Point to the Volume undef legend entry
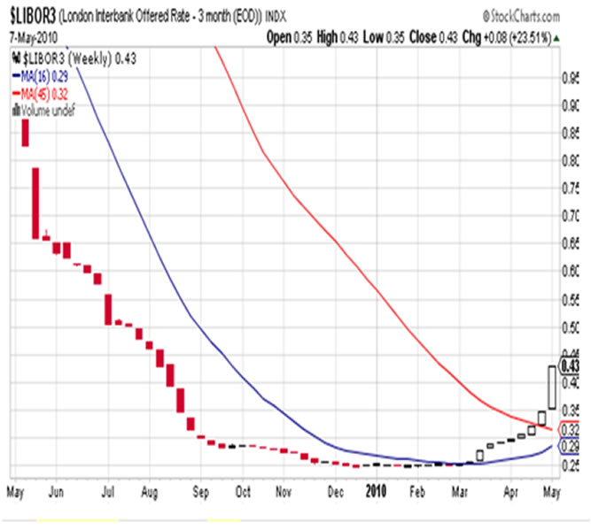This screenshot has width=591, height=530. coord(45,109)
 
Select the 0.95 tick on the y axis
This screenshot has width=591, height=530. coord(569,79)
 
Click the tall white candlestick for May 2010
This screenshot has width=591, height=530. coord(551,387)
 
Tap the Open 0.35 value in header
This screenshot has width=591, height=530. coord(292,38)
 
